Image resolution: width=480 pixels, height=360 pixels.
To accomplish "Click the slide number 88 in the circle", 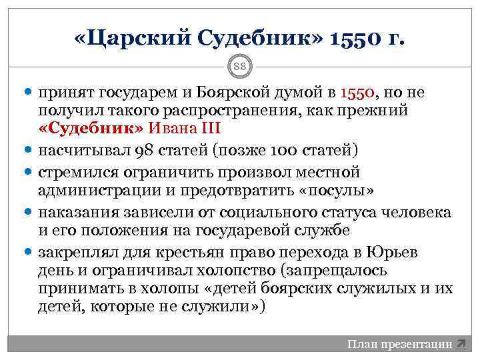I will [239, 66].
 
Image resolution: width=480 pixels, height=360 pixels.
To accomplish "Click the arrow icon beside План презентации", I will [461, 344].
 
